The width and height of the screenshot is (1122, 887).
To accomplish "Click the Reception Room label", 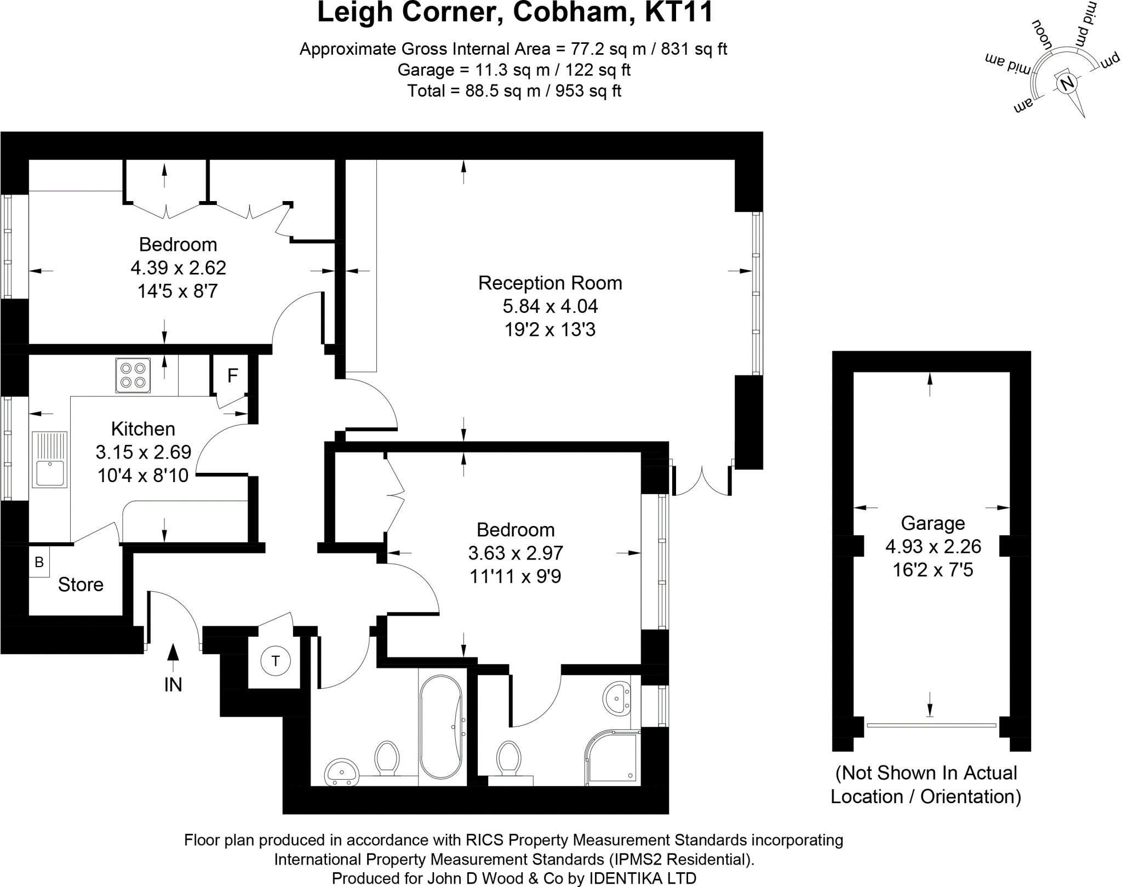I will pos(550,283).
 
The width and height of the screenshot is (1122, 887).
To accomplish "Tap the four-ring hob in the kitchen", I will pos(133,375).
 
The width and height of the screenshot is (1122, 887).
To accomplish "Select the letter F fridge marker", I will pos(232,376).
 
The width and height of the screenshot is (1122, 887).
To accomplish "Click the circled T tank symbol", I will pos(275,661).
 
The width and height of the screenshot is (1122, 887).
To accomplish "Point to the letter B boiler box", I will pos(39,562).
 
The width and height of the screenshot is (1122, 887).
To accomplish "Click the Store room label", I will pos(81,585).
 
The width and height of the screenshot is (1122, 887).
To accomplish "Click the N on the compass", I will pos(1067,84).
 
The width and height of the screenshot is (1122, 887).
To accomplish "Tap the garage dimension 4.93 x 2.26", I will pos(933,546).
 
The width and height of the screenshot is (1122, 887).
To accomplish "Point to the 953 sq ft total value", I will pos(588,91).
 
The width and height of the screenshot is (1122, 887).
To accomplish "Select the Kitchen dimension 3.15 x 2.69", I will pos(144,452).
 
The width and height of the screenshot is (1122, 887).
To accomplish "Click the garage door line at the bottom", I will pos(931,725).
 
